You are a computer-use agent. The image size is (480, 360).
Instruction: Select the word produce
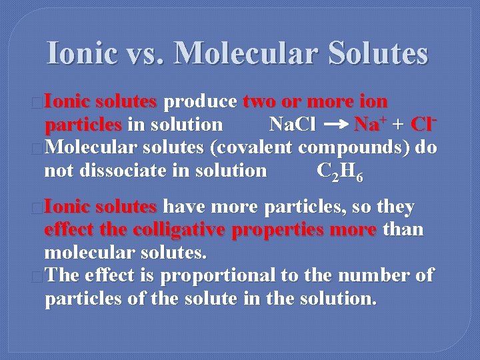200,102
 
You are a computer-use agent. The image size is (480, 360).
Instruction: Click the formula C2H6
340,171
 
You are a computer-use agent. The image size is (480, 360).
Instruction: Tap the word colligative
179,230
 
